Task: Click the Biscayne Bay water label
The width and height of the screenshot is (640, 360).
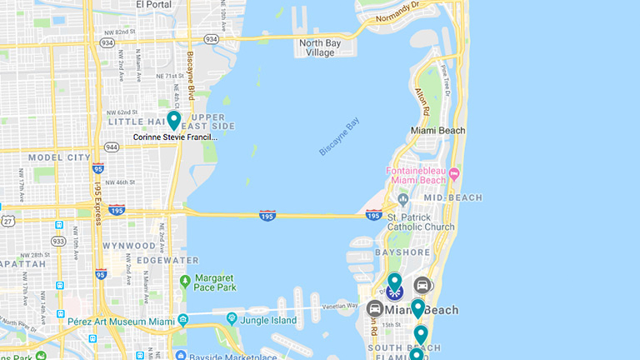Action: pos(339,137)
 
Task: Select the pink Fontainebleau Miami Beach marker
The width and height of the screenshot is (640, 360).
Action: pos(454,174)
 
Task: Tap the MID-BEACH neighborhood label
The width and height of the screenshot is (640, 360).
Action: pos(452,197)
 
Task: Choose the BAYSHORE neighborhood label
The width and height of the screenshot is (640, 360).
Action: pos(402,252)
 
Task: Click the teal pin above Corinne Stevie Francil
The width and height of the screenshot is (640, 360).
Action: pos(174,120)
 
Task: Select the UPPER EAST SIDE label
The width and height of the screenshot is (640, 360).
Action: pos(212,121)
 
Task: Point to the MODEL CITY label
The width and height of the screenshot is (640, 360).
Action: pos(59,157)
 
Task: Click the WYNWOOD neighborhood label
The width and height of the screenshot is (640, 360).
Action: pos(129,246)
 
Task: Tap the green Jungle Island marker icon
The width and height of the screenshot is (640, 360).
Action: pos(231,318)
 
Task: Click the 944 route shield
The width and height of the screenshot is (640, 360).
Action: pos(112,147)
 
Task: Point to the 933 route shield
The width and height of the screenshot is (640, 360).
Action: pos(57,240)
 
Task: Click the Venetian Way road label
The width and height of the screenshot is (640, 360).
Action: pos(340,307)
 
